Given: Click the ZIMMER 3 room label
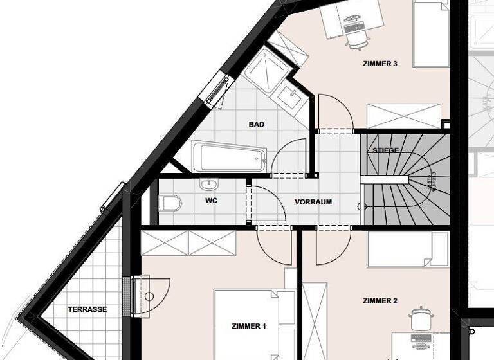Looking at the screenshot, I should pos(380,64).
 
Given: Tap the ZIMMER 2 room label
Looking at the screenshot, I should pos(380,300).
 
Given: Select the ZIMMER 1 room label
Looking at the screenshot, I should pos(248,326).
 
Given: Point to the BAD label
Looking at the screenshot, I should pos(257,124).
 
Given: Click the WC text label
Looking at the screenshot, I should pos(210,201).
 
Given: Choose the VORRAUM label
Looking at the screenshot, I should pos(313,201).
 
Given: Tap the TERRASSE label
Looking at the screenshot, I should pos(87,309).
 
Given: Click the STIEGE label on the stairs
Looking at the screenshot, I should pos(386,150).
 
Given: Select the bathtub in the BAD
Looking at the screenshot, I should pos(230,157).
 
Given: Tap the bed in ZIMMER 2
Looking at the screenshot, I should pos(408,249).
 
